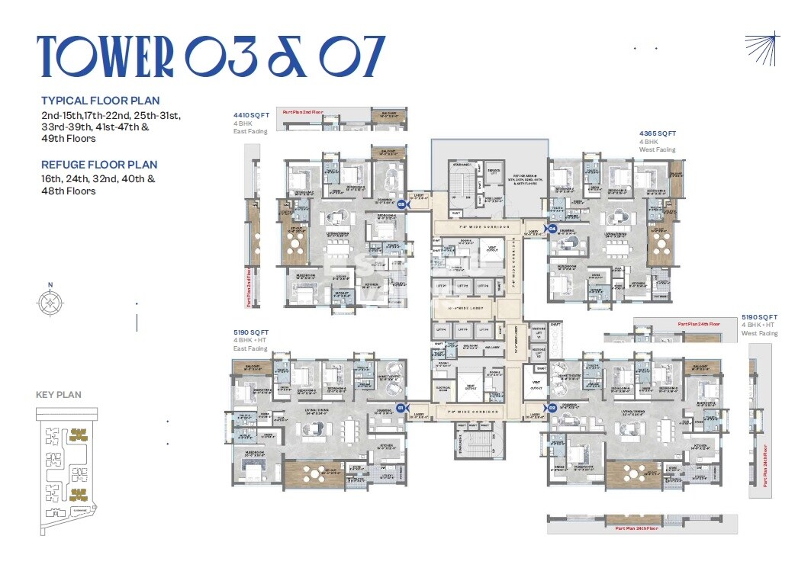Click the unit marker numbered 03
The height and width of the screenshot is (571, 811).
click(401, 204)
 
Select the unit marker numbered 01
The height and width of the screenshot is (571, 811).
click(401, 408)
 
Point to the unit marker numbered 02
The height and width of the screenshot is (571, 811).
click(552, 407)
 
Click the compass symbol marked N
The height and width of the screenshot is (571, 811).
click(50, 302)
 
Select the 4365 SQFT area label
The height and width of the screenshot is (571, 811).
click(658, 133)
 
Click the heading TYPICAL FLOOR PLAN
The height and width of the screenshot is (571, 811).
click(100, 101)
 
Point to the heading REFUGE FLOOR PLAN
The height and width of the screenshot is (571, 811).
click(99, 165)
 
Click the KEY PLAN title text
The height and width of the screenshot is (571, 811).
click(59, 395)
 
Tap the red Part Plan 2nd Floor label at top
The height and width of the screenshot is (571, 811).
click(304, 112)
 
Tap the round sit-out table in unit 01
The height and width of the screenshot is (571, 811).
click(314, 473)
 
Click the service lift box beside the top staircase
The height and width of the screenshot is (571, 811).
click(494, 172)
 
